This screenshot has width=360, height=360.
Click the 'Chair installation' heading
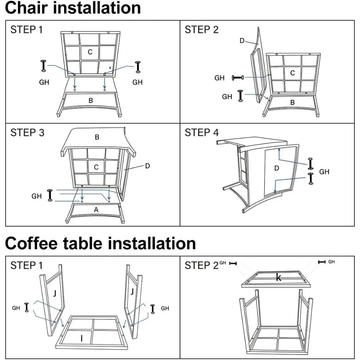tap(73, 8)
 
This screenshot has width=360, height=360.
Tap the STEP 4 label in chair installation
tap(202, 132)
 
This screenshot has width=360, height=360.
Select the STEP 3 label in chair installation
tap(27, 132)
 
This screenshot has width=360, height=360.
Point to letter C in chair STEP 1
tap(90, 52)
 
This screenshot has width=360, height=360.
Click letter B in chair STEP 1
tap(91, 100)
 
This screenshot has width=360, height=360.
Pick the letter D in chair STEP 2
tap(242, 41)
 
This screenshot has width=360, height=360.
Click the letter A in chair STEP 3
tap(96, 209)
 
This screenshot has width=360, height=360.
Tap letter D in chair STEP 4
tap(276, 168)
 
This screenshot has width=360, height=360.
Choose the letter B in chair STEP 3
tap(97, 137)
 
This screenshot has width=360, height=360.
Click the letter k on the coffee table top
tap(278, 277)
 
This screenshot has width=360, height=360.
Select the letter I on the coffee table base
tap(82, 338)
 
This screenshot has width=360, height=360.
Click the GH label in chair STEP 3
tap(37, 196)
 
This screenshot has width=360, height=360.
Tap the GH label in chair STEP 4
tap(324, 172)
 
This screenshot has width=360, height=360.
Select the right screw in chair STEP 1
tap(137, 67)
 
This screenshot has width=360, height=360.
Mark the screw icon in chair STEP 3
tap(50, 194)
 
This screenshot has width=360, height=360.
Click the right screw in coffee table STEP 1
tap(153, 309)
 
